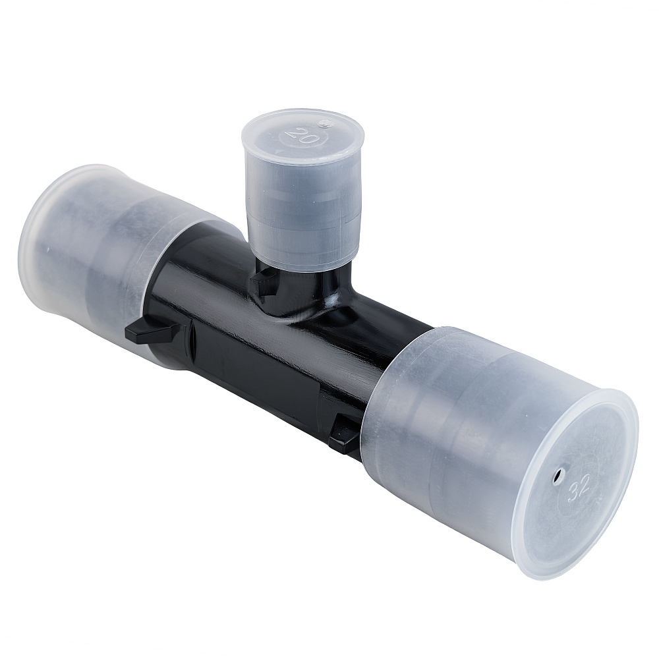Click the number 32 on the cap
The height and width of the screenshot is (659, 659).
coord(579,489)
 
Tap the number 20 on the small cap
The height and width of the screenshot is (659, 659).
coord(298,134)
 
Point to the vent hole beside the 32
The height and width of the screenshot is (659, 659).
coord(558,475)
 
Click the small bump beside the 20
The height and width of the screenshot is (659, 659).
coord(324,124)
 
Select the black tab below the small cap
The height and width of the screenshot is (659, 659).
coord(263,280)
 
